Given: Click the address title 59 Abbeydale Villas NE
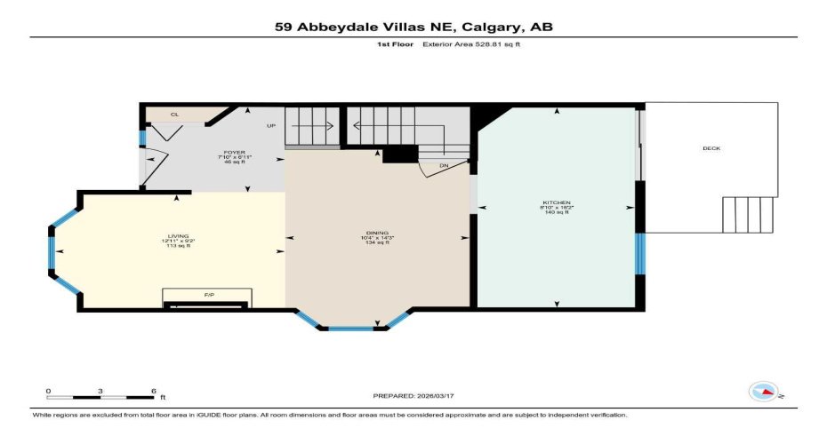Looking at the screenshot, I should [x=413, y=27].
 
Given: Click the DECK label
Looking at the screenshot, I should [x=711, y=148].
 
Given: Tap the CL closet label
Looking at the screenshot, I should [x=174, y=115].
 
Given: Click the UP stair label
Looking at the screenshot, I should [x=271, y=125].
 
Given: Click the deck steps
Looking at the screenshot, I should [x=749, y=214].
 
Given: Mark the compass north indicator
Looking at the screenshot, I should [x=764, y=390].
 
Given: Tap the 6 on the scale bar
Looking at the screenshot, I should [x=153, y=391].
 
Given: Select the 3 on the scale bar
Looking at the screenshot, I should [x=100, y=391].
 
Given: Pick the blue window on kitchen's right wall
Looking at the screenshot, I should [x=639, y=252].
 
